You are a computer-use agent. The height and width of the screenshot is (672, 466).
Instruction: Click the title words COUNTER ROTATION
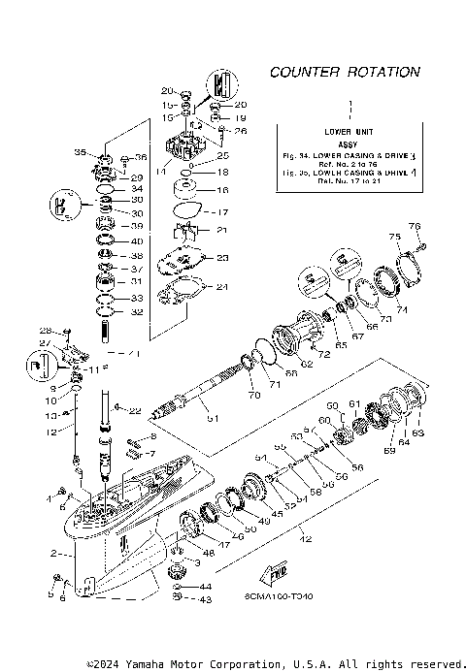345,72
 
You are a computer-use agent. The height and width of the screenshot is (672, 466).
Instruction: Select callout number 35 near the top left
81,153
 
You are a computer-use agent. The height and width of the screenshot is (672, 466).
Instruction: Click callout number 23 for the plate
222,257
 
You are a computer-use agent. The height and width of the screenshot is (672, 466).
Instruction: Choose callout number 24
222,286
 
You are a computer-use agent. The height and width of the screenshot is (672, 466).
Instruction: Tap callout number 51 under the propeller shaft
214,418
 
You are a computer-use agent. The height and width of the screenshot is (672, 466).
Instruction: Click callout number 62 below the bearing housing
306,365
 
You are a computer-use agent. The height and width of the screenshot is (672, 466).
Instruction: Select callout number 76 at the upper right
416,227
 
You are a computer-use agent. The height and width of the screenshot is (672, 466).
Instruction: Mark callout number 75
394,237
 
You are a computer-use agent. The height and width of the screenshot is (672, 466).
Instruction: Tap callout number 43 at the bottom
205,600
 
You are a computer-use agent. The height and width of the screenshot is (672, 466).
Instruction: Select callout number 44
205,587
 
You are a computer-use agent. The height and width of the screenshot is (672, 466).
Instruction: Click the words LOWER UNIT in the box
349,130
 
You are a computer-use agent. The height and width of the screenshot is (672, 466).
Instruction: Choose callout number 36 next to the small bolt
141,158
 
